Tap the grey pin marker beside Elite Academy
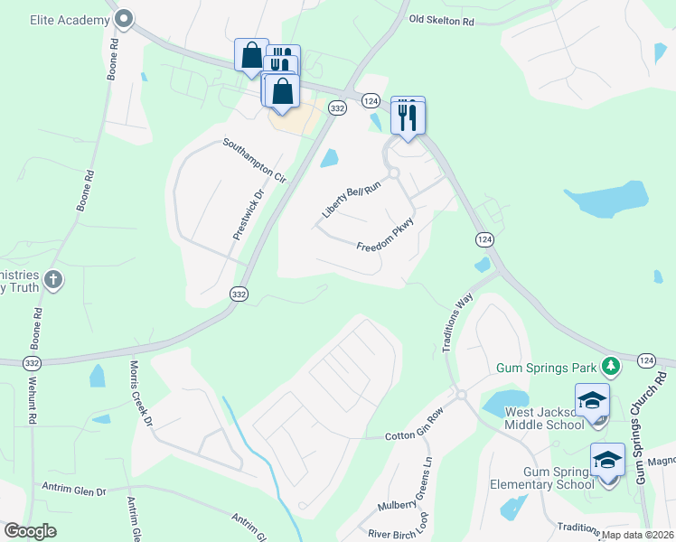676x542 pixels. [x=124, y=18]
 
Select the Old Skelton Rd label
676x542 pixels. [x=441, y=19]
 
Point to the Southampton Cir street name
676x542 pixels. [x=255, y=161]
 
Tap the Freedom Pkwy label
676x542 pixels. [x=385, y=236]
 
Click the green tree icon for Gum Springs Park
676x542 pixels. [x=612, y=366]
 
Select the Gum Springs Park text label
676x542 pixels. [x=547, y=368]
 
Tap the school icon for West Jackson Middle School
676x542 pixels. [x=592, y=400]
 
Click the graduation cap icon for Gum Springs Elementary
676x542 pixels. [x=607, y=461]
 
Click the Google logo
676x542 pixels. [x=31, y=531]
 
